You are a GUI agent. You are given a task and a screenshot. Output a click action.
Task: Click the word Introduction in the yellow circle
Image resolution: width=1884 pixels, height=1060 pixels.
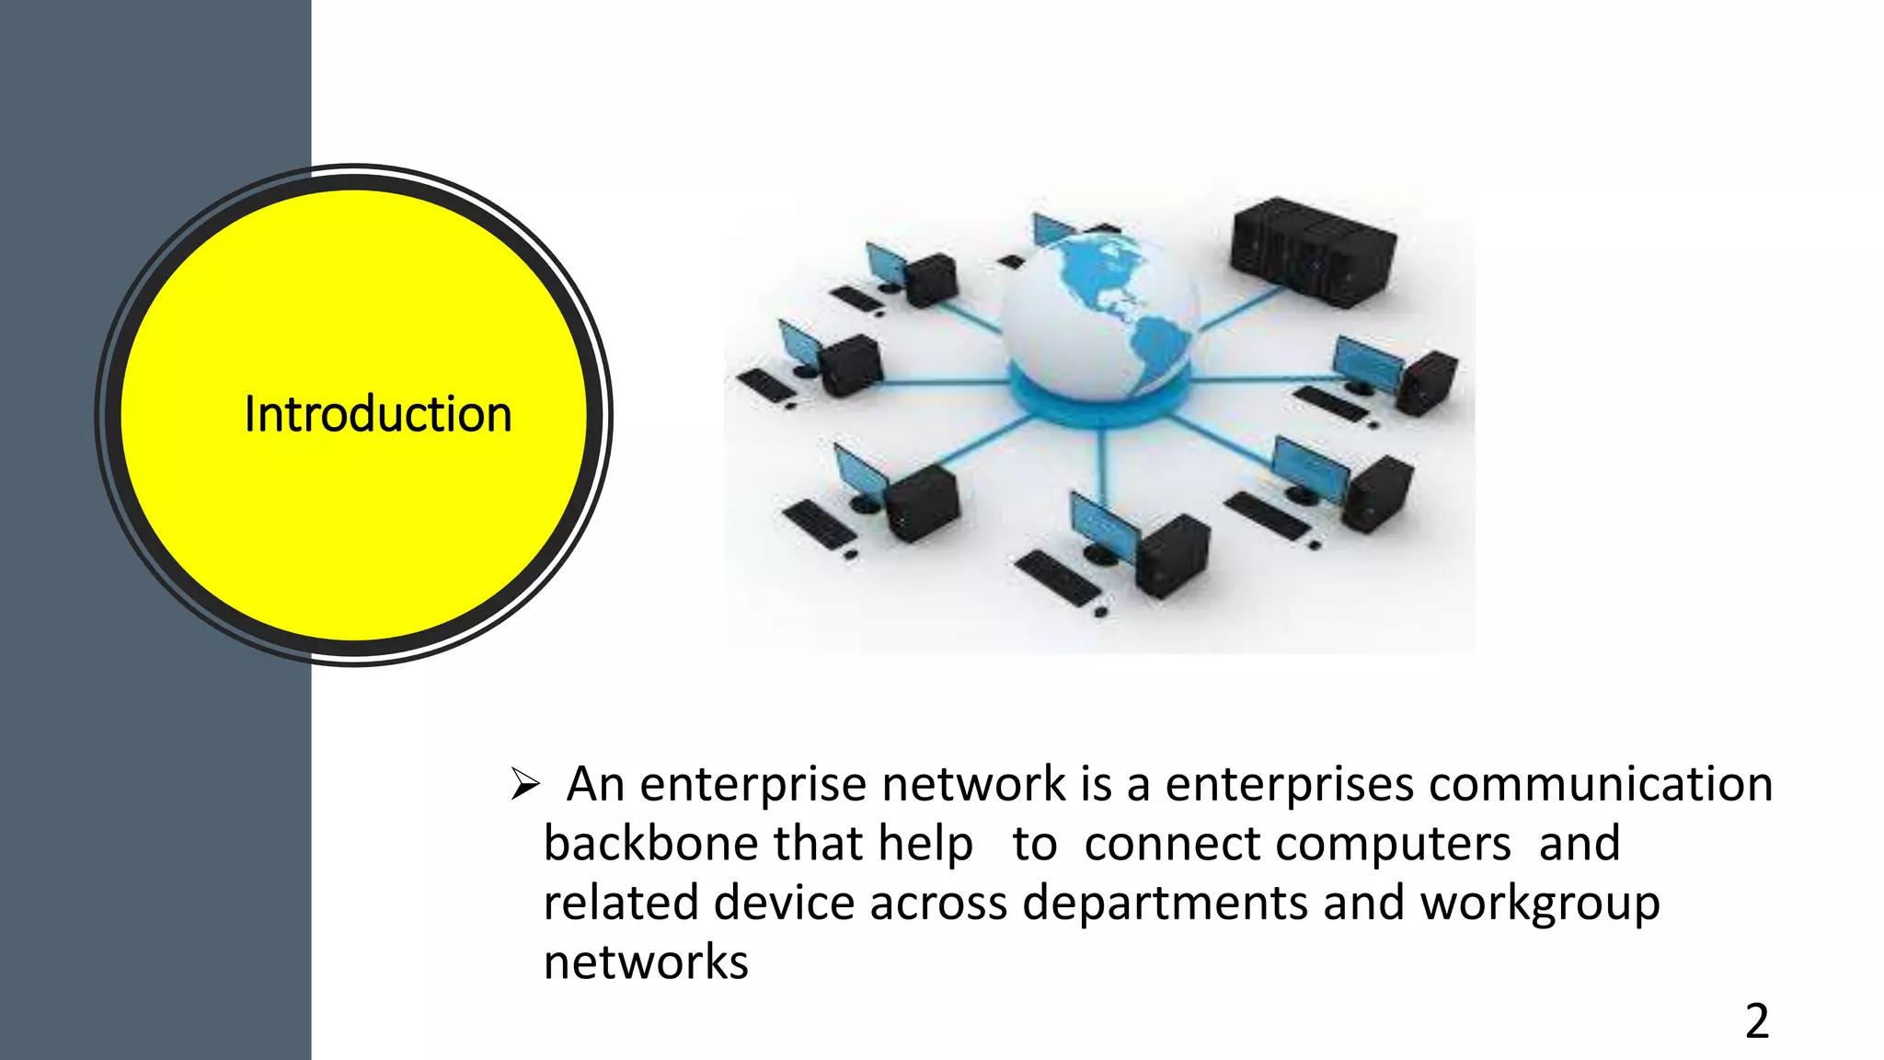tap(377, 414)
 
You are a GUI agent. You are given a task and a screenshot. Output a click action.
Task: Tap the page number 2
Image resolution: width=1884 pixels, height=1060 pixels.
tap(1756, 1022)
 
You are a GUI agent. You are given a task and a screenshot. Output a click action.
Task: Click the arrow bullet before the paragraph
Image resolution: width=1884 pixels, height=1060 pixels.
tap(524, 785)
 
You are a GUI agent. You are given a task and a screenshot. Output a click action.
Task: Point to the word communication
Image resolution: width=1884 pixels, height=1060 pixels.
tap(1601, 785)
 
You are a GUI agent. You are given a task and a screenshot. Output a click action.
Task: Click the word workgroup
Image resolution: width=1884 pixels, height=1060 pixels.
tap(1540, 904)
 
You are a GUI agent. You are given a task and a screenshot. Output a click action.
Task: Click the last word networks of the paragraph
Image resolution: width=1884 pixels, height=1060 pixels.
tap(646, 962)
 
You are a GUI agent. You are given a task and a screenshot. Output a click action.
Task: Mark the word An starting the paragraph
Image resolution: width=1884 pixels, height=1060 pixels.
tap(594, 785)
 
